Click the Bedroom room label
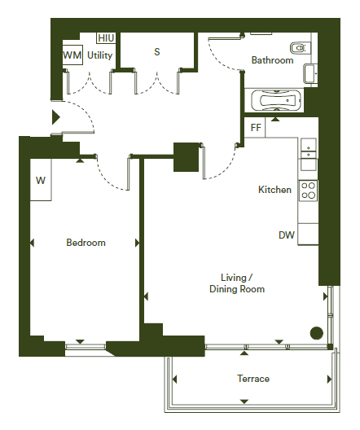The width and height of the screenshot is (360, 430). click(86, 243)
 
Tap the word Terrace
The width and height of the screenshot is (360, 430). click(253, 379)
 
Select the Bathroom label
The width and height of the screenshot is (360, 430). click(272, 60)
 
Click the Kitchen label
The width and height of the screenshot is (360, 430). click(274, 190)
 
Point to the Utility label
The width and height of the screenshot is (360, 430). click(100, 55)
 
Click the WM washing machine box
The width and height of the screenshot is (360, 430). click(72, 55)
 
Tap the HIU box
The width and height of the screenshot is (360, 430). click(106, 38)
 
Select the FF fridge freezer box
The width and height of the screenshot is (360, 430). click(255, 127)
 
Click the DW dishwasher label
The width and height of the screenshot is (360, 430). click(287, 235)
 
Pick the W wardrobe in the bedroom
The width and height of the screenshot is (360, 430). click(41, 180)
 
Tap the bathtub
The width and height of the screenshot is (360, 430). click(276, 100)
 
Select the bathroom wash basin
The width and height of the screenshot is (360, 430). click(310, 73)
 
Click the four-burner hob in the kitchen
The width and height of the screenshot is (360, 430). click(308, 191)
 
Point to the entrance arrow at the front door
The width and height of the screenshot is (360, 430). click(56, 117)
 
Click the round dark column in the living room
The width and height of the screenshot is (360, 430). click(316, 333)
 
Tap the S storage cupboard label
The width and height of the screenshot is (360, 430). click(157, 52)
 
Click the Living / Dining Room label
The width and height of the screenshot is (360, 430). click(237, 283)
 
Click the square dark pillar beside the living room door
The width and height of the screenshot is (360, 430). click(187, 157)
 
